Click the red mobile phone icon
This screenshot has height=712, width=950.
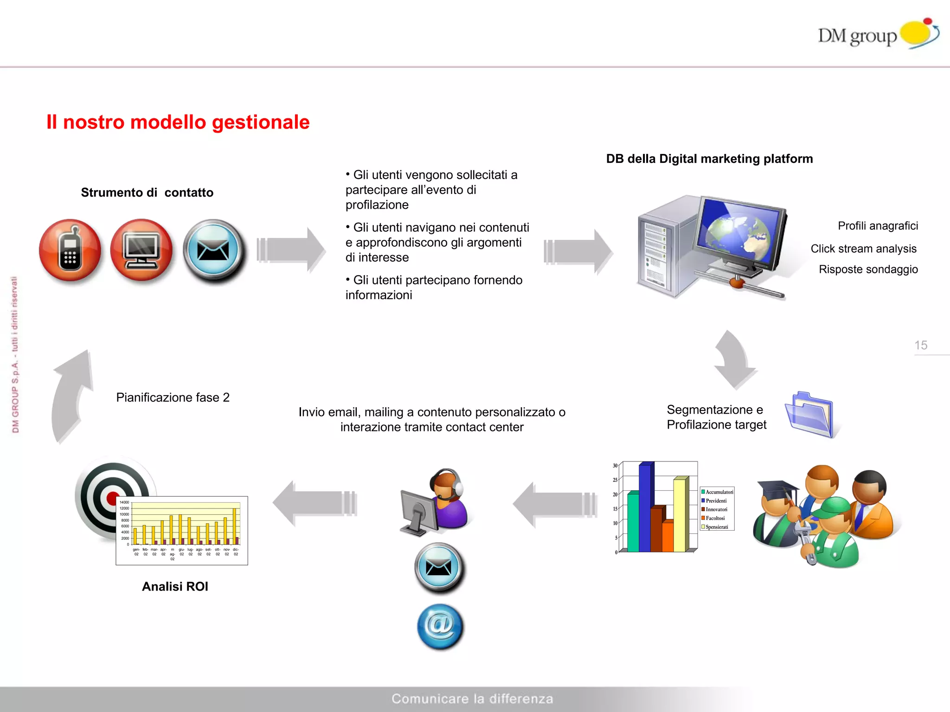[70, 250]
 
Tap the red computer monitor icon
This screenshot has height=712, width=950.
[141, 250]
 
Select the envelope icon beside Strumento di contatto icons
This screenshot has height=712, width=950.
[213, 250]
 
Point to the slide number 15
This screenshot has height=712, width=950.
[921, 345]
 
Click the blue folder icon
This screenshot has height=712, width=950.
[811, 415]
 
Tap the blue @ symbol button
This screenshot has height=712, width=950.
[440, 626]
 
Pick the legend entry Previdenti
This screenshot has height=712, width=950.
[716, 501]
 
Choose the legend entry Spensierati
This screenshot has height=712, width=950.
[717, 527]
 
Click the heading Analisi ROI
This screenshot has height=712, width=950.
[175, 586]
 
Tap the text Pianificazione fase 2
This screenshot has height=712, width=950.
[173, 398]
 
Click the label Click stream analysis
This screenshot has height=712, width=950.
[863, 249]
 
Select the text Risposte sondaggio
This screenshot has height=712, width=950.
[868, 269]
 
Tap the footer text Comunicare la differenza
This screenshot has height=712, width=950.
[472, 699]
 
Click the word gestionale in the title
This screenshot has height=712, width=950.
[260, 122]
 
